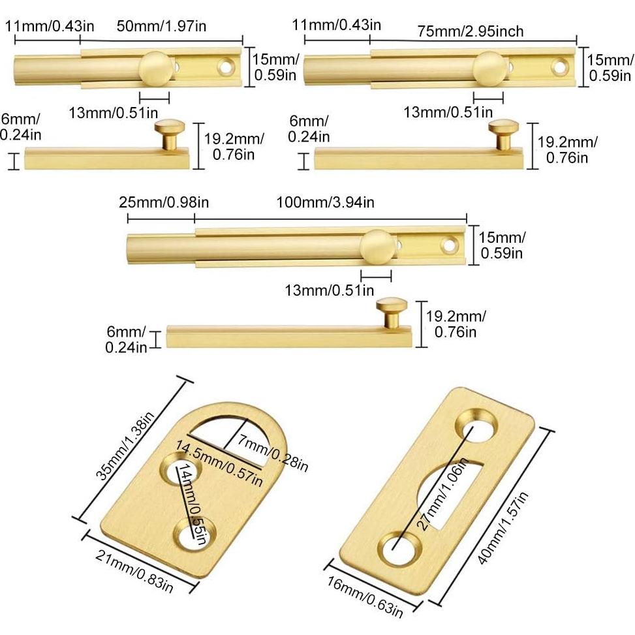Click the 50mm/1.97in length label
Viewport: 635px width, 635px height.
161,27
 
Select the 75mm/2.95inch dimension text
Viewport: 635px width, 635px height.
471,31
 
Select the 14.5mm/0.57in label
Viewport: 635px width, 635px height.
219,463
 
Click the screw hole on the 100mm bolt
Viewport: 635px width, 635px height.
448,246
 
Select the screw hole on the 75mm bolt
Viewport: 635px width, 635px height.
559,66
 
